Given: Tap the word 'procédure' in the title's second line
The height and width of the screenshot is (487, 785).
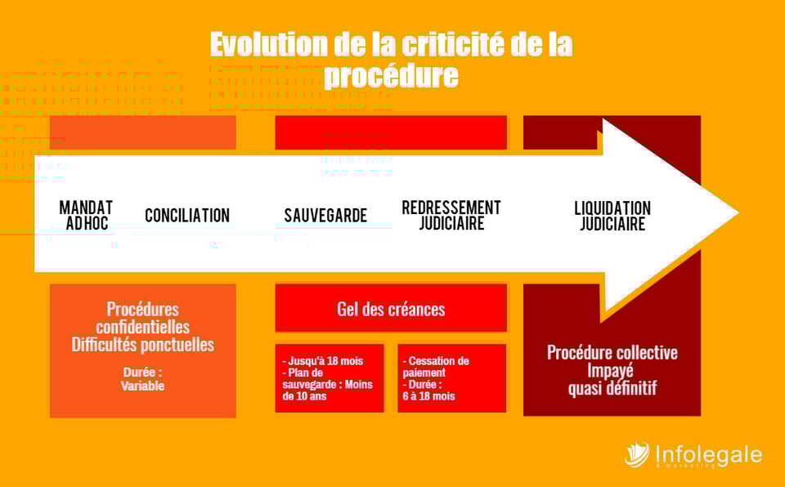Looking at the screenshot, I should tap(391, 76).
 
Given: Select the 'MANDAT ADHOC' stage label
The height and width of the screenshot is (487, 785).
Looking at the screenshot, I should tap(86, 215).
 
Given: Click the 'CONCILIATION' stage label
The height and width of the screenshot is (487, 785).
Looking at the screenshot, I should tap(187, 216).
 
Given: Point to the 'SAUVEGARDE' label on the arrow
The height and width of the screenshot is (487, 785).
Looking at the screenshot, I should tap(325, 216).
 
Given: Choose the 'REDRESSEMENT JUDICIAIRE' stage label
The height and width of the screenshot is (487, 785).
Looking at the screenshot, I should tap(451, 215).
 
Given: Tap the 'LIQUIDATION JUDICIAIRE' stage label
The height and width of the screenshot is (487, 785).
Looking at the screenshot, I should tap(612, 216).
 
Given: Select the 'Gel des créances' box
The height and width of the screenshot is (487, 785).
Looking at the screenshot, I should tap(391, 309).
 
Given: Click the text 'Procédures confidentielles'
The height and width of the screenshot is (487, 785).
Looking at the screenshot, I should tap(142, 318).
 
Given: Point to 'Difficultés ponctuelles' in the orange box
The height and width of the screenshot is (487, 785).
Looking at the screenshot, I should tap(142, 345).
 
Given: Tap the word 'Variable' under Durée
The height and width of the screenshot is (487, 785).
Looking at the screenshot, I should tap(142, 386).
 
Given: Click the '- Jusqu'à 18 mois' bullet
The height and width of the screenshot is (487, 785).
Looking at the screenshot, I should tap(323, 360).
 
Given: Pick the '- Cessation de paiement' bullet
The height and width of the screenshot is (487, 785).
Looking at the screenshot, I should tap(437, 367).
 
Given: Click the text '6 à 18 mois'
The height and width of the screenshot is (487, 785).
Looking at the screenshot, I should tap(429, 396).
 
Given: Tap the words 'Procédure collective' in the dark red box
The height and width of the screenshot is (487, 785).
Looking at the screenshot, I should tap(612, 353).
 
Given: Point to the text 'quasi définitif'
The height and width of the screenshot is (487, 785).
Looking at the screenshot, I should tap(612, 388).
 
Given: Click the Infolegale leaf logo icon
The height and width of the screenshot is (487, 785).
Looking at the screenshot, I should tap(637, 454).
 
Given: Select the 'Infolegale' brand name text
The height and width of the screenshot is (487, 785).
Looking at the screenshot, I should tap(708, 453).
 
